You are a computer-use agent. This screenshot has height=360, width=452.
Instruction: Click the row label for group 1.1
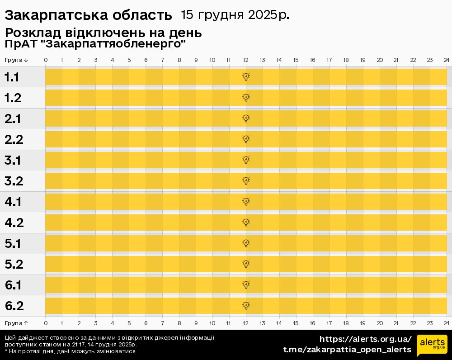[12, 77]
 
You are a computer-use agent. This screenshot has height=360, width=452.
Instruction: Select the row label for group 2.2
[14, 140]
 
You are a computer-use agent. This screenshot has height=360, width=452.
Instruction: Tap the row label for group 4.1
[13, 202]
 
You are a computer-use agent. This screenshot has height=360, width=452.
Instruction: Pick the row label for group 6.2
[14, 306]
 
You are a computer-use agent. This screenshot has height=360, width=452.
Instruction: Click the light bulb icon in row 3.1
[246, 160]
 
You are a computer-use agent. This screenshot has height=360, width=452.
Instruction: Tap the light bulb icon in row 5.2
[246, 264]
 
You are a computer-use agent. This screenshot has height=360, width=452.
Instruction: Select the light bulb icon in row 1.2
[246, 98]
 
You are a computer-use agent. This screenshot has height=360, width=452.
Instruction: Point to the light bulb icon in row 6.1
[246, 285]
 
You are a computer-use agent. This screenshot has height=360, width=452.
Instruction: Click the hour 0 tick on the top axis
[46, 60]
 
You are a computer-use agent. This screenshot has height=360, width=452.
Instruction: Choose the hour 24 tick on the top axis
[446, 60]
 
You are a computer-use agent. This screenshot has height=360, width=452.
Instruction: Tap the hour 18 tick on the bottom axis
[346, 323]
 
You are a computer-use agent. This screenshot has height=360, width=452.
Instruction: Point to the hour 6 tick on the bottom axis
[146, 323]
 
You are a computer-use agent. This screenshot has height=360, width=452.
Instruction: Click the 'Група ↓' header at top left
[16, 60]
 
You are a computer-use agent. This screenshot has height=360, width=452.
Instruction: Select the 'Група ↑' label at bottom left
[16, 323]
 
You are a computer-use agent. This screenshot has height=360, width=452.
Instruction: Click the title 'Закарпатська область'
[88, 15]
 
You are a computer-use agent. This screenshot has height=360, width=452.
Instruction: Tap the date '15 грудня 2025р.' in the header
[235, 15]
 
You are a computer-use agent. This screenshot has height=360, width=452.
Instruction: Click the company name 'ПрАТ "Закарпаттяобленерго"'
[95, 44]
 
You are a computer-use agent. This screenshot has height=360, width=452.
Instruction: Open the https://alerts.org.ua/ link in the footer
[365, 339]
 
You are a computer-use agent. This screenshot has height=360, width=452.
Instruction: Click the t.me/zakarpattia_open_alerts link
[347, 350]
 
